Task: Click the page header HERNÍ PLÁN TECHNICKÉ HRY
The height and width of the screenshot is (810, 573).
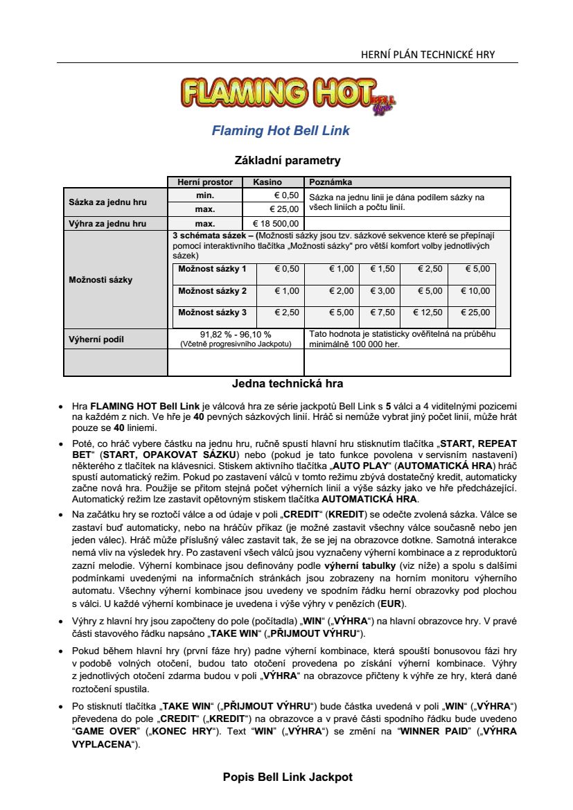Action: (428, 55)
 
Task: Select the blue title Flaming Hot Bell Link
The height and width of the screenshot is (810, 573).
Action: (281, 130)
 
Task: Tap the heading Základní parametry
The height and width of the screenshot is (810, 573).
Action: (288, 160)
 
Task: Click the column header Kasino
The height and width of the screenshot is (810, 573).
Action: (267, 182)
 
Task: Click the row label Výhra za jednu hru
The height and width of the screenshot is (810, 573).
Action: (107, 223)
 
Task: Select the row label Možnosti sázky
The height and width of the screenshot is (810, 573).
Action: (100, 280)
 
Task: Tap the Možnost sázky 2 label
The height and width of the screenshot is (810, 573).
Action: (212, 291)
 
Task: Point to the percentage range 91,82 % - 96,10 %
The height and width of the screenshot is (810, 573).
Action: (236, 334)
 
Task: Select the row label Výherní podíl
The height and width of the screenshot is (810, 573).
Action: (96, 340)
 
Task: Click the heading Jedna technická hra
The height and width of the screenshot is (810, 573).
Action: (288, 383)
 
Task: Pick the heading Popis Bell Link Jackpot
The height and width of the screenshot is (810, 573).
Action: (288, 777)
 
